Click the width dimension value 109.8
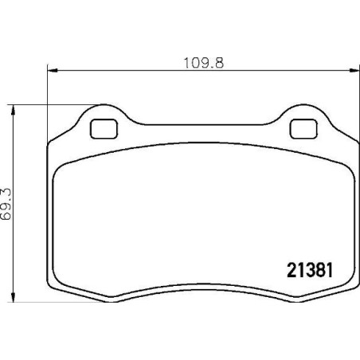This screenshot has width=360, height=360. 204,63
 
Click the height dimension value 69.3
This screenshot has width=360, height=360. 6,204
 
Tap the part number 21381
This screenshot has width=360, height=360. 310,270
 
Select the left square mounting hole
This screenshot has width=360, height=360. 104,129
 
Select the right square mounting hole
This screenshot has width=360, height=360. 303,129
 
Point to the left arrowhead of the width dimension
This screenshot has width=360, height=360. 53,70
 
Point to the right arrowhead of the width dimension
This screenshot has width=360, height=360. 354,70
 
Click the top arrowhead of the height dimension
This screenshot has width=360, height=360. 13,110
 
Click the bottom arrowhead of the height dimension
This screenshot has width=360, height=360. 13,297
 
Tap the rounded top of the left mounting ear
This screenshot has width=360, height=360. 104,105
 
